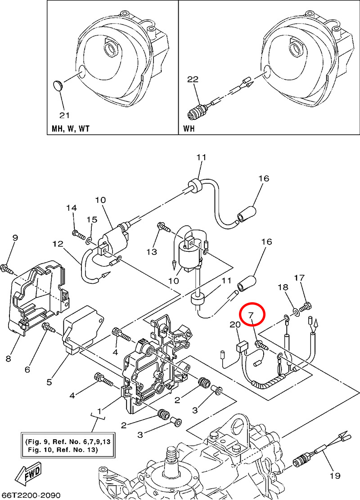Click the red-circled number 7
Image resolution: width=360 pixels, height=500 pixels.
(x=252, y=314)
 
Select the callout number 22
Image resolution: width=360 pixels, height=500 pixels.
(x=193, y=79)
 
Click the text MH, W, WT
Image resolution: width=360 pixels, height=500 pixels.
(x=70, y=129)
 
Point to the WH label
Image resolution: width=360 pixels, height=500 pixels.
(x=190, y=129)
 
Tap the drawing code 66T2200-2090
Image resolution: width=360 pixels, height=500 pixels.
(x=31, y=495)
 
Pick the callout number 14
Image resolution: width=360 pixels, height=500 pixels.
(x=72, y=208)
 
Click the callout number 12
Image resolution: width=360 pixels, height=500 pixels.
(x=58, y=244)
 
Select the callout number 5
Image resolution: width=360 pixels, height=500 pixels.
(x=49, y=382)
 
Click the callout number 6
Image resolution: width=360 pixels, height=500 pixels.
(x=27, y=369)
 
